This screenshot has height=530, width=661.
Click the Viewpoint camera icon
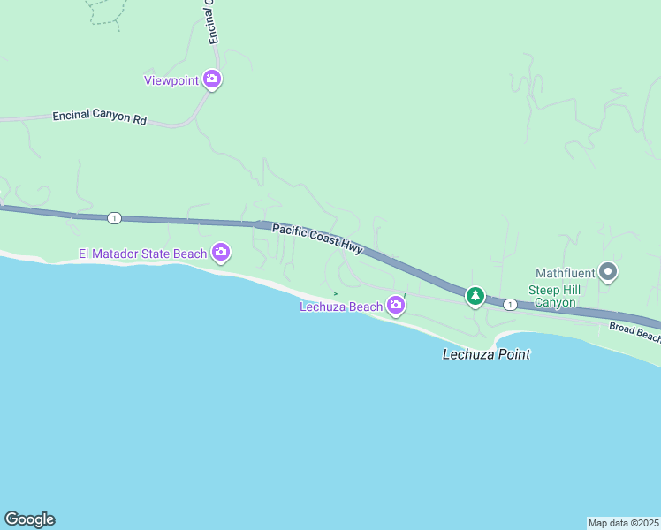coord(212,79)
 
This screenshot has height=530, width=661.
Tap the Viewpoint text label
coord(171,80)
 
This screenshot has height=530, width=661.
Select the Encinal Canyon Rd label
coord(99,117)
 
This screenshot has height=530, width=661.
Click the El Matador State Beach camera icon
coord(221,254)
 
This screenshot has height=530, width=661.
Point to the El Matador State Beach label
coord(142,254)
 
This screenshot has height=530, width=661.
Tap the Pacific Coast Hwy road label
coord(317,239)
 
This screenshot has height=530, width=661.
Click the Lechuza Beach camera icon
coord(396,307)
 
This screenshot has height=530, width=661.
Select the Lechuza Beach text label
coord(340,307)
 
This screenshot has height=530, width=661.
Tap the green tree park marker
coord(475,296)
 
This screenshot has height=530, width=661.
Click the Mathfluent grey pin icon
coord(608,272)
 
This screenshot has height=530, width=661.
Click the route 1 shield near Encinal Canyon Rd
coord(114,217)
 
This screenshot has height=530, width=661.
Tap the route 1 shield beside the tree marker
coord(510,305)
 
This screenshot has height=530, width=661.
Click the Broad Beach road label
coord(634,332)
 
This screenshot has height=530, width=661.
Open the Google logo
coord(29,519)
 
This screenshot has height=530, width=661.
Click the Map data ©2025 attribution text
coord(624,522)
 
